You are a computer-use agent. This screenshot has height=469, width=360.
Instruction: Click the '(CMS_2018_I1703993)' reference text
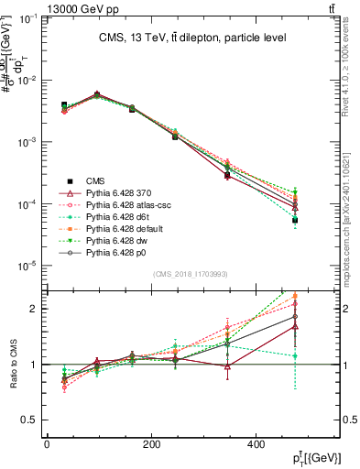click(x=192, y=274)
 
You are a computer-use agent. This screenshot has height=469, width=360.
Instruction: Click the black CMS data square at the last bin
click(x=295, y=221)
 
